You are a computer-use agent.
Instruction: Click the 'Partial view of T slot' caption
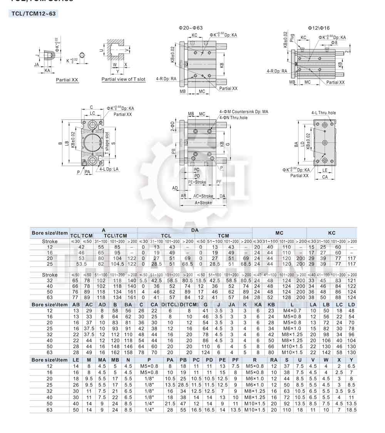(x=123, y=79)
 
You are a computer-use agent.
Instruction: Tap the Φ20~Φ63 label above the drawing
(x=191, y=28)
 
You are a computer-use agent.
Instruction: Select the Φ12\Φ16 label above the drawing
(x=319, y=28)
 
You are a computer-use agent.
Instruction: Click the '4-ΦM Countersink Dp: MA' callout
(x=244, y=112)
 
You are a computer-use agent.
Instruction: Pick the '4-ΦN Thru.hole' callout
(x=234, y=118)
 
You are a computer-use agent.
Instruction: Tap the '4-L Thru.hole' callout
(x=323, y=113)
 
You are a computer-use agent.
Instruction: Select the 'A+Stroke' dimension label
(x=203, y=202)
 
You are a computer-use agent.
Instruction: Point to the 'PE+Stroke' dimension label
(x=197, y=182)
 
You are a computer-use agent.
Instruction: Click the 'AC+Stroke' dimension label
(x=203, y=196)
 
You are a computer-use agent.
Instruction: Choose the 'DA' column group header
(x=195, y=230)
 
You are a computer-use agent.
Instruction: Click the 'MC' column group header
(x=279, y=233)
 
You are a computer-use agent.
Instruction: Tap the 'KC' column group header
(x=331, y=233)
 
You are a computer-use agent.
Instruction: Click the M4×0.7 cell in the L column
(x=292, y=311)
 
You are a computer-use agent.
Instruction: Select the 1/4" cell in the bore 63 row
(x=149, y=410)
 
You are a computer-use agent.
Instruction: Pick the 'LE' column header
(x=76, y=360)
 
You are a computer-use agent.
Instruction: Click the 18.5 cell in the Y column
(x=351, y=410)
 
